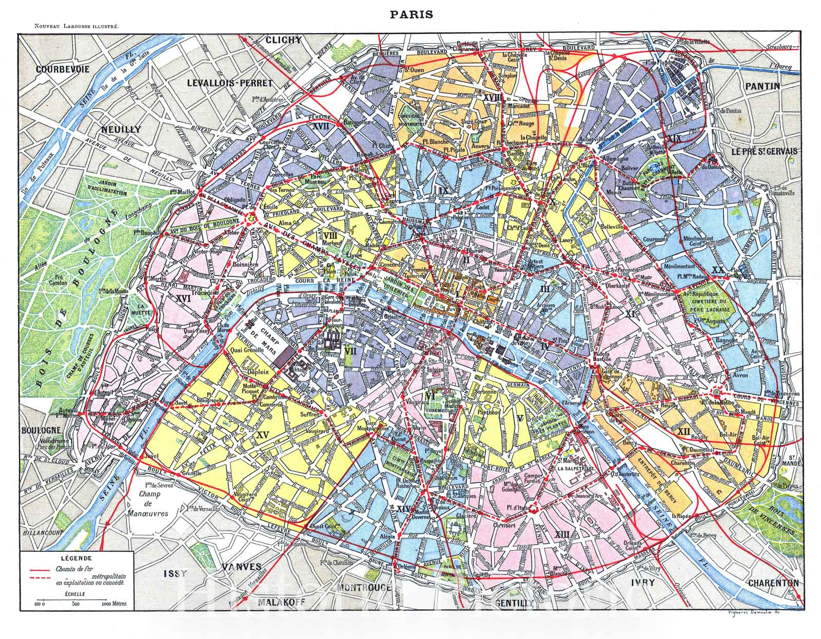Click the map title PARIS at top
[x=410, y=14]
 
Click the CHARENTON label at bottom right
[x=773, y=583]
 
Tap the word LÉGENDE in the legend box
[x=75, y=558]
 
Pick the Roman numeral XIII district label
[x=562, y=535]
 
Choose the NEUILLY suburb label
[x=121, y=130]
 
